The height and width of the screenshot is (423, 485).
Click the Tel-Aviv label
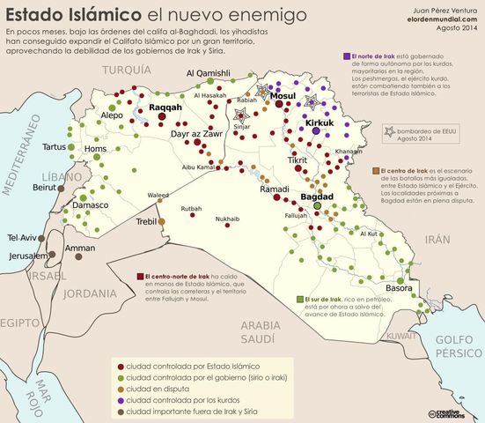point(23,238)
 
